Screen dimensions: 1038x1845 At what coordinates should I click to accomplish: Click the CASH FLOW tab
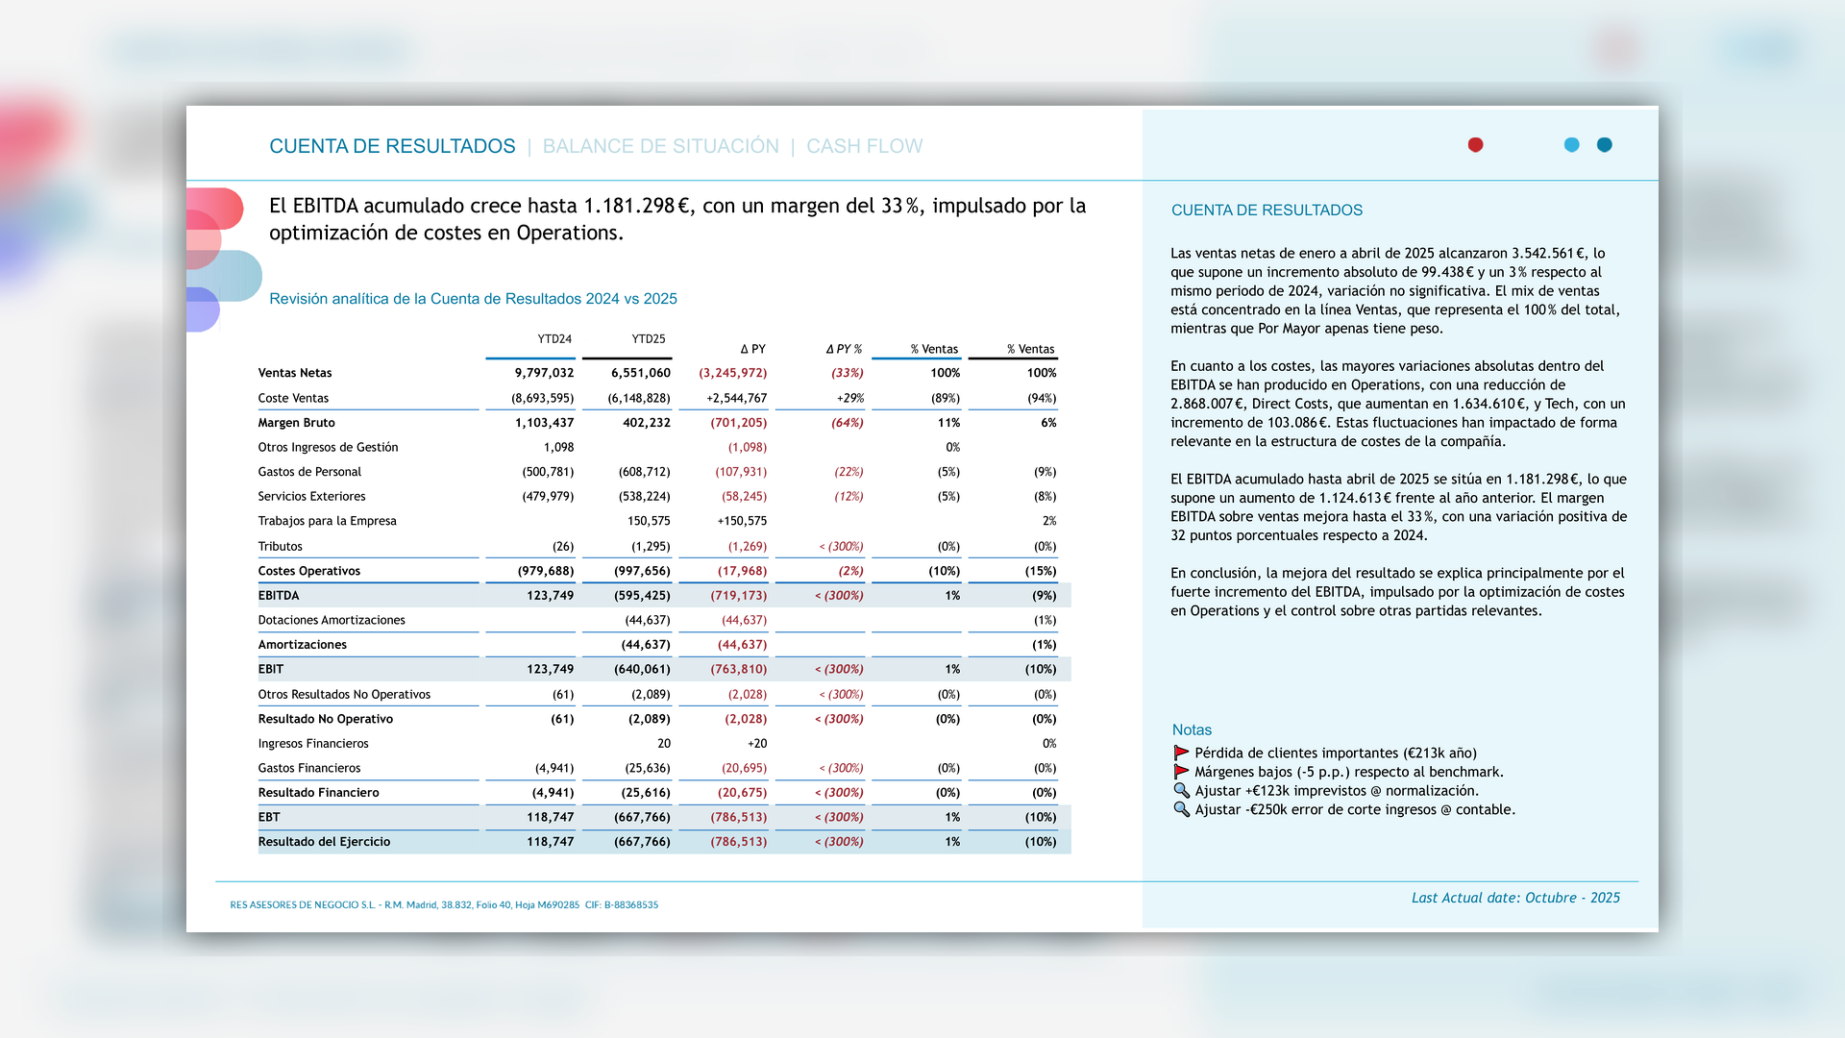(x=864, y=146)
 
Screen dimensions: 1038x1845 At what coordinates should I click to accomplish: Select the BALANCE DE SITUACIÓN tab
(x=660, y=146)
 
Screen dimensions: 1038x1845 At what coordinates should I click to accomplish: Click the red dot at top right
(x=1475, y=145)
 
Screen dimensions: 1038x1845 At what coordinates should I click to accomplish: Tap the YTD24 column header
(x=554, y=339)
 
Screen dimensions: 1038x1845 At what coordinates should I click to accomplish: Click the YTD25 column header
(x=649, y=339)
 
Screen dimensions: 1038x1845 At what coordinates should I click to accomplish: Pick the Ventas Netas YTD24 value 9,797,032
(x=544, y=373)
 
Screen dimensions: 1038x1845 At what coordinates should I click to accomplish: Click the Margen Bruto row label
(x=296, y=423)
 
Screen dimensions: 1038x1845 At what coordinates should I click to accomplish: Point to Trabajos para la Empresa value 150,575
(x=649, y=521)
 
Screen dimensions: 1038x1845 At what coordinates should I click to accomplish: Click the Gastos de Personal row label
(x=309, y=472)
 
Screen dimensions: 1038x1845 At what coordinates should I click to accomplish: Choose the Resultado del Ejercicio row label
(x=324, y=842)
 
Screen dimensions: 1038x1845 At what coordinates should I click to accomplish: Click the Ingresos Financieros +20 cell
(x=757, y=744)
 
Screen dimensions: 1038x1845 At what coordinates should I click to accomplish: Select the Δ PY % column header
(x=844, y=349)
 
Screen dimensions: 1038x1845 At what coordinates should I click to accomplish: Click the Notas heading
(x=1192, y=730)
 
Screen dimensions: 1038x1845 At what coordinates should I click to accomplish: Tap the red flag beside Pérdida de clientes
(x=1181, y=753)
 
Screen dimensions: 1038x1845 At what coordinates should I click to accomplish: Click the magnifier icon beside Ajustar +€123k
(x=1181, y=791)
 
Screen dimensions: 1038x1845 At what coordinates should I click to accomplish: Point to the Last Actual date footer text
(x=1515, y=898)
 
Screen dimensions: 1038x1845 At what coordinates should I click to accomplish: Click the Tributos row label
(x=280, y=547)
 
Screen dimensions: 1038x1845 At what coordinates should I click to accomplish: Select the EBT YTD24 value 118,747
(x=550, y=817)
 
